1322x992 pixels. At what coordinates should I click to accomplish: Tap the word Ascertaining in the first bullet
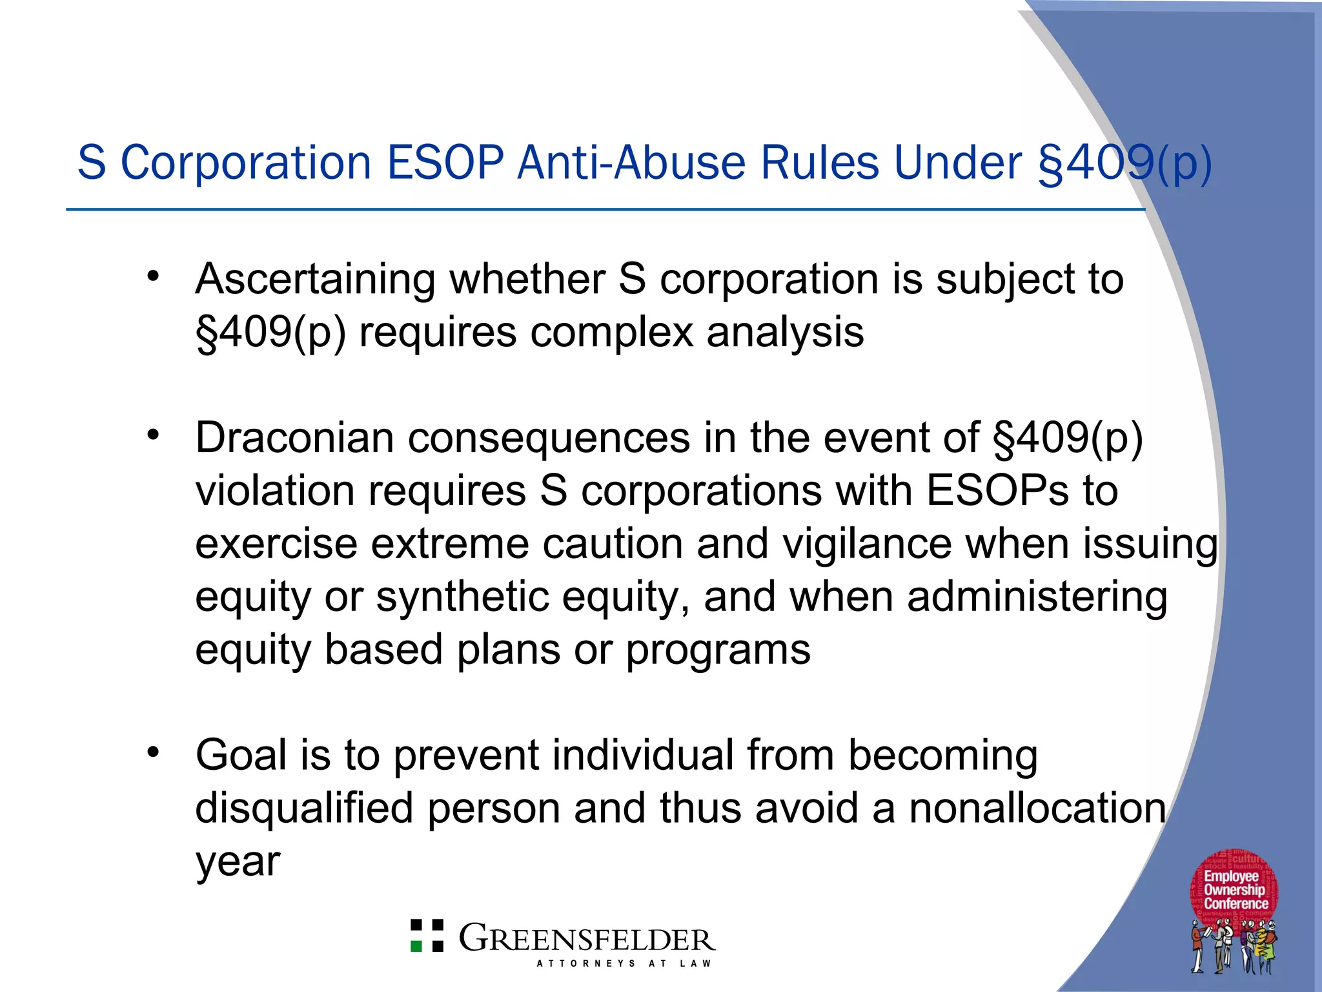pyautogui.click(x=315, y=280)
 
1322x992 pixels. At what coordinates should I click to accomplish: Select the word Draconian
pyautogui.click(x=294, y=438)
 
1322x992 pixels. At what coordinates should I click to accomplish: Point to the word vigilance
pyautogui.click(x=867, y=544)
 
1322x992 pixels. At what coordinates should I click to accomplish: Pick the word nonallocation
pyautogui.click(x=1037, y=808)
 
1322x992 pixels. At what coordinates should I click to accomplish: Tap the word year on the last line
pyautogui.click(x=238, y=861)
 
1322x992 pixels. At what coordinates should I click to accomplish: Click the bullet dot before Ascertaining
pyautogui.click(x=152, y=276)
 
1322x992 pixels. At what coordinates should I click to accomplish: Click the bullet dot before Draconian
pyautogui.click(x=152, y=435)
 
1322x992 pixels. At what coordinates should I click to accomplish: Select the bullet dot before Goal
pyautogui.click(x=152, y=752)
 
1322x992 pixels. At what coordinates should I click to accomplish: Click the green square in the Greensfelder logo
pyautogui.click(x=417, y=946)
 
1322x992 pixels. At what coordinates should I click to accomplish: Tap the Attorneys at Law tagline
pyautogui.click(x=624, y=963)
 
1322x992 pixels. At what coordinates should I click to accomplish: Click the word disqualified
pyautogui.click(x=304, y=808)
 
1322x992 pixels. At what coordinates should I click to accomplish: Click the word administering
pyautogui.click(x=1037, y=597)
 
